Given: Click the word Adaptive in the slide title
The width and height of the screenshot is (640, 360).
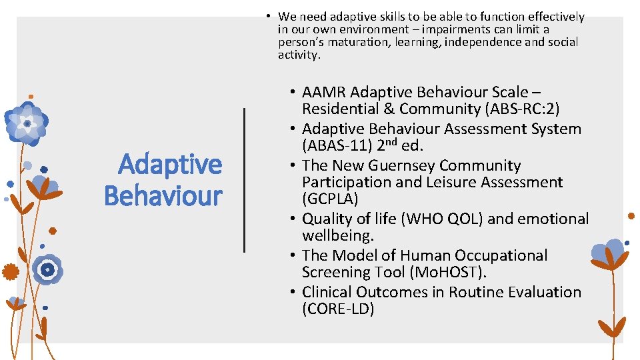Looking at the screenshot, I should tap(170, 164).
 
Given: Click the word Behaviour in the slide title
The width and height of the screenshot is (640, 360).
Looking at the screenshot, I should tap(163, 196).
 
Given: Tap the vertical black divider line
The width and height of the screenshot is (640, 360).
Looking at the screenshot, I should tap(244, 180).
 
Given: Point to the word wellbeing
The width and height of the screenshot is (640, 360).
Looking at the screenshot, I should tap(338, 236).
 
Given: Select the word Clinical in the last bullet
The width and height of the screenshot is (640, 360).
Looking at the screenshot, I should tap(327, 292).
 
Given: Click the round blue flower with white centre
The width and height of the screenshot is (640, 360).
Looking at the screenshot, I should tap(47, 269).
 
